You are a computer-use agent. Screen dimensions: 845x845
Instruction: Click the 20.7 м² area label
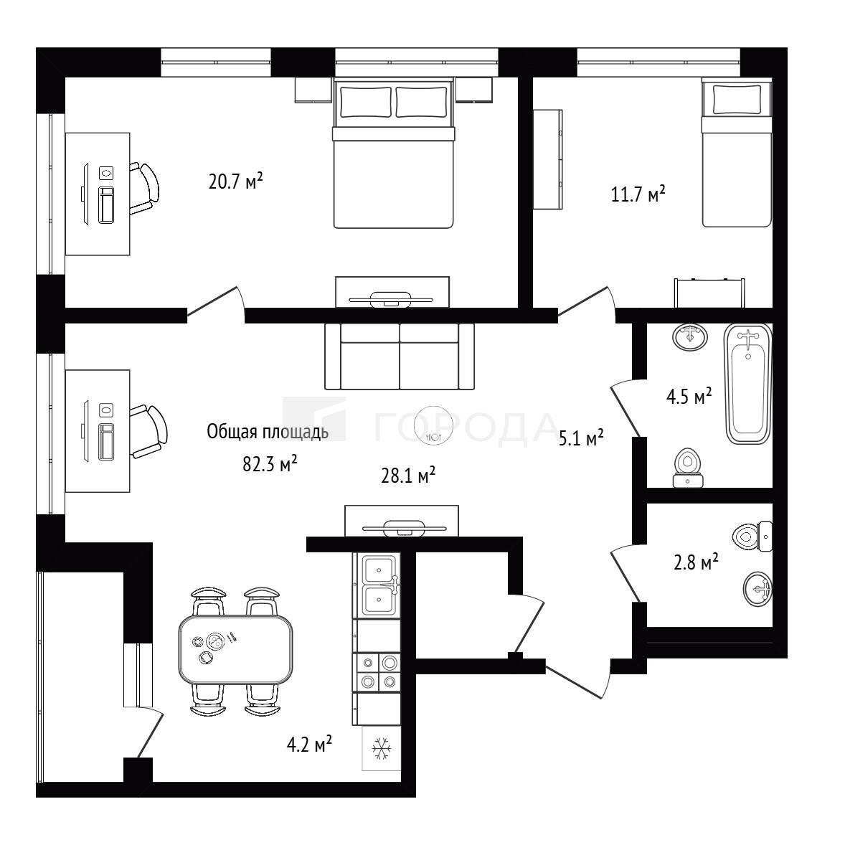pos(235,181)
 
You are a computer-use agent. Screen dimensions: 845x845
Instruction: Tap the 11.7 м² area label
pos(638,194)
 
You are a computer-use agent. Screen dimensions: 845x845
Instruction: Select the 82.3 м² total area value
pos(270,463)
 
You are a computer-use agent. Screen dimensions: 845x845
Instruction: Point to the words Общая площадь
pos(268,433)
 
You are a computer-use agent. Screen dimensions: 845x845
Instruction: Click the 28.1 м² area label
pos(408,476)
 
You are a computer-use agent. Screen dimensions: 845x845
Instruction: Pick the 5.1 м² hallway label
pos(581,438)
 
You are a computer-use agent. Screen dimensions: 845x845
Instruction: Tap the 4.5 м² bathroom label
pos(689,396)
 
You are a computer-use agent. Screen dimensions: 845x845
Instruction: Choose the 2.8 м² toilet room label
pos(697,562)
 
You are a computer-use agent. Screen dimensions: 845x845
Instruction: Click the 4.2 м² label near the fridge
pos(308,745)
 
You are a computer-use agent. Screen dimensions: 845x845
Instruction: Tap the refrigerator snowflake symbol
pos(382,749)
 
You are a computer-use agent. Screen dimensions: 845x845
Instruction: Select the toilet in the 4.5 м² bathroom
pos(688,467)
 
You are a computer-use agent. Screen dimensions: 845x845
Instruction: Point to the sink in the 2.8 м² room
pos(757,590)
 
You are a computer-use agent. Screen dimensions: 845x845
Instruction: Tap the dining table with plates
pos(235,649)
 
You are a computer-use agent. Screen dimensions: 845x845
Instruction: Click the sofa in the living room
pos(400,357)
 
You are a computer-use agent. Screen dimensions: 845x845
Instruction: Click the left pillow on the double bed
pos(365,102)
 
